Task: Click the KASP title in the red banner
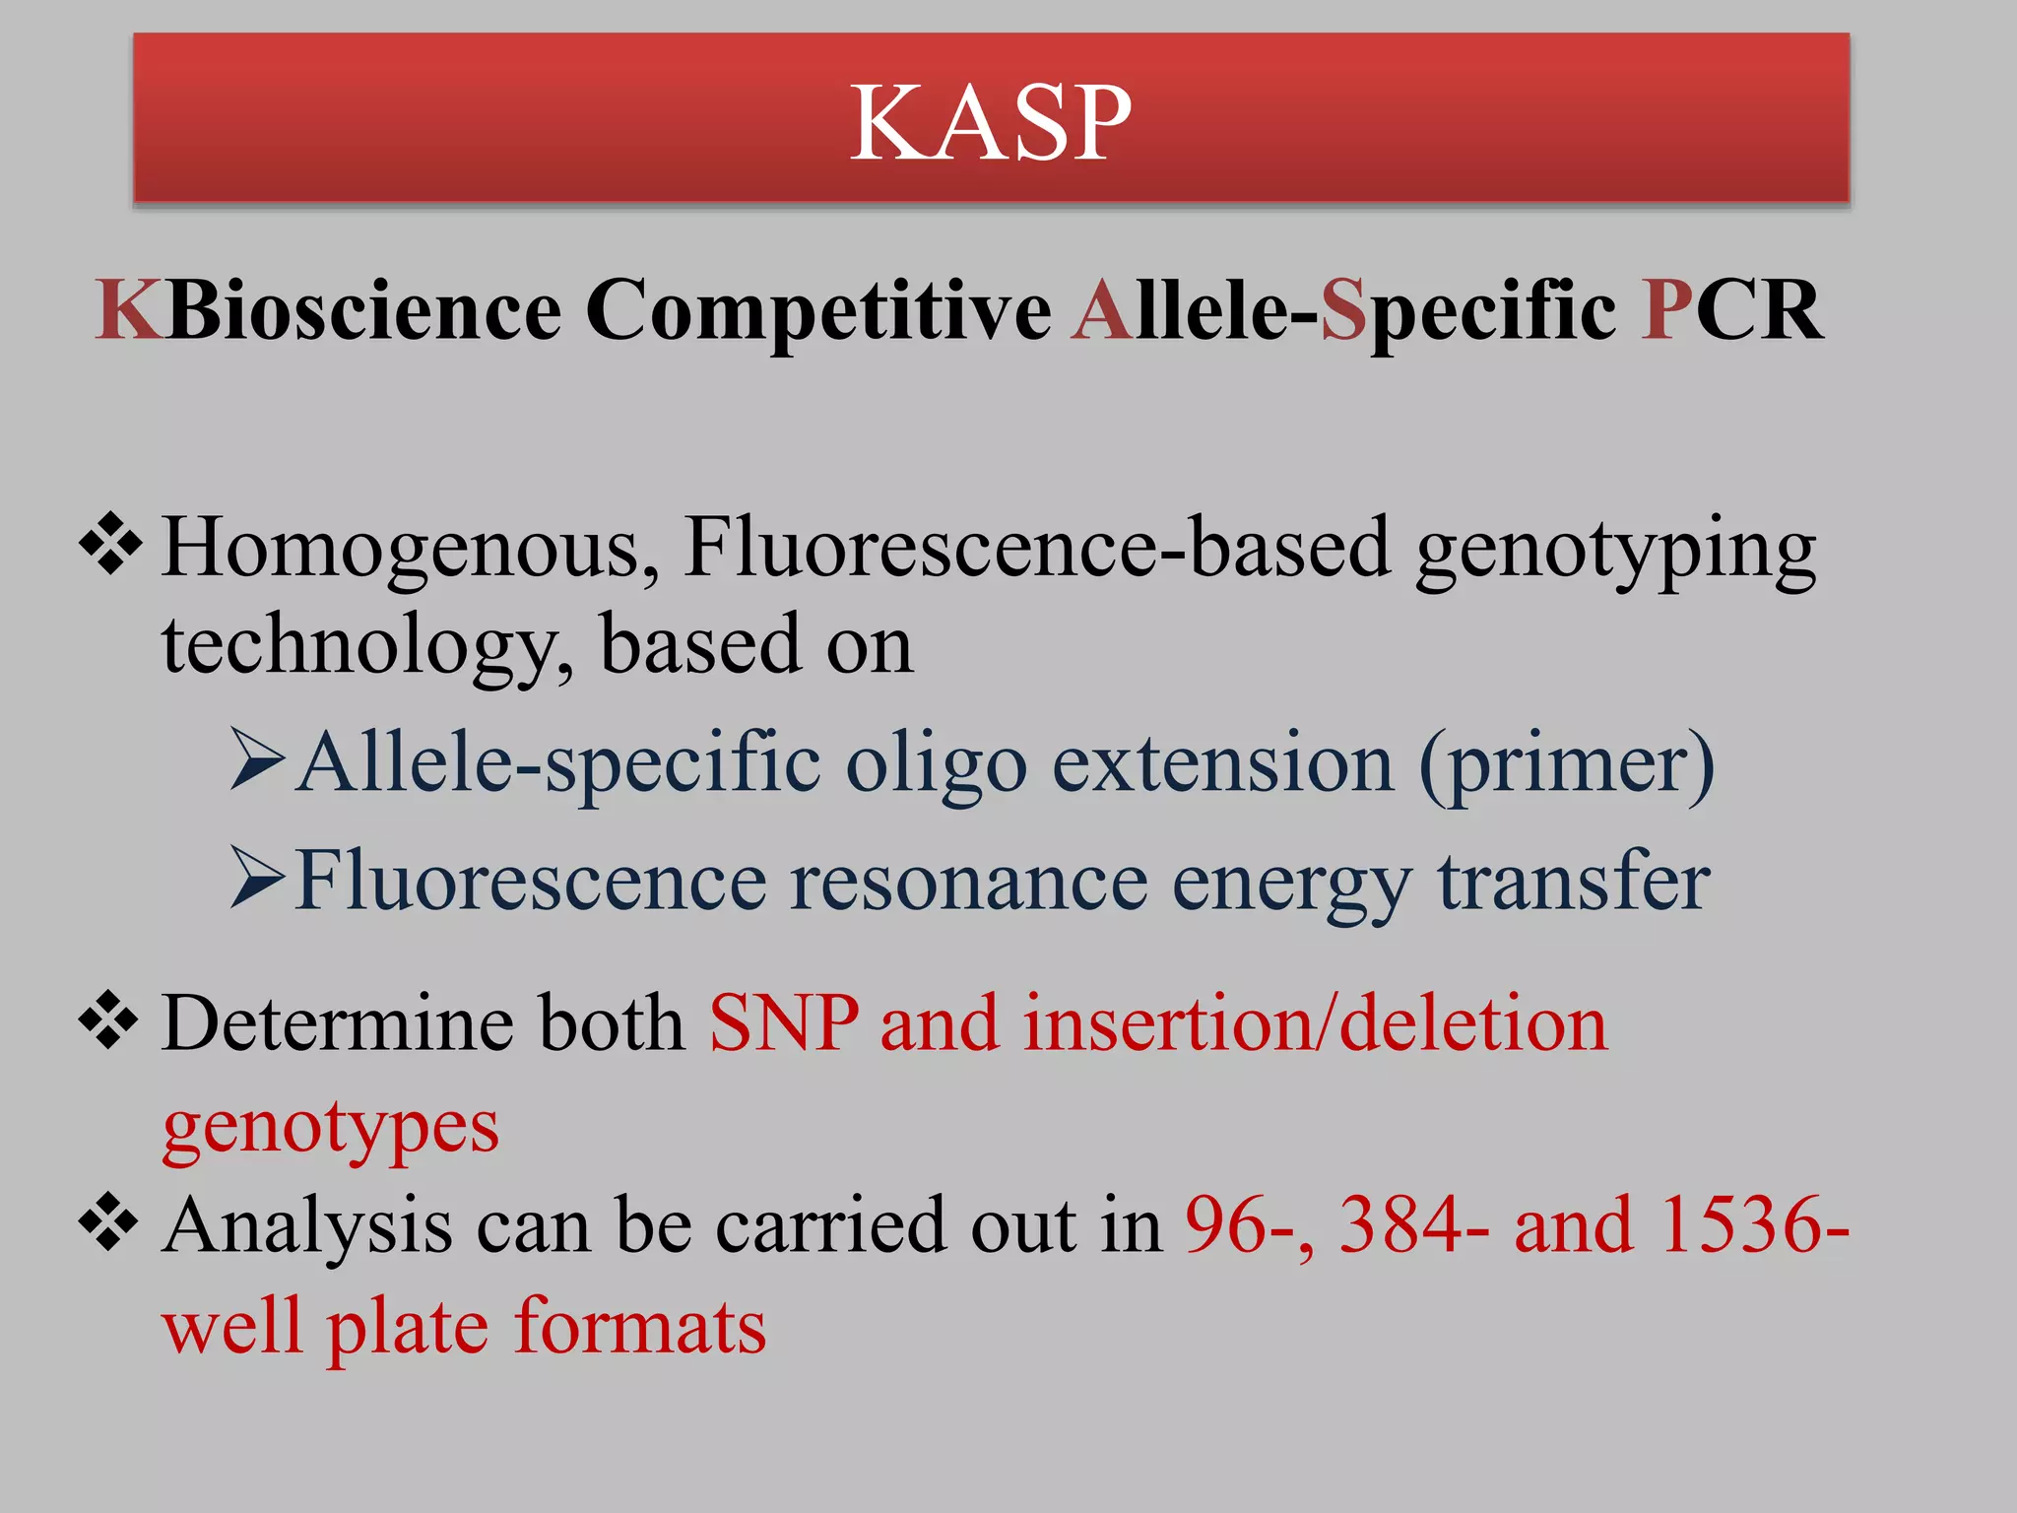point(990,122)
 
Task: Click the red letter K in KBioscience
point(129,310)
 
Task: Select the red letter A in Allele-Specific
point(1103,310)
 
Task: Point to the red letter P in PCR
point(1666,310)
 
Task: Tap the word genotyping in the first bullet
point(1615,552)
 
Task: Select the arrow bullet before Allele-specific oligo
point(258,760)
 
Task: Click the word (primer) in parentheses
point(1566,765)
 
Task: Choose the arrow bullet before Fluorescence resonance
point(258,878)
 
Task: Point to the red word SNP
point(783,1024)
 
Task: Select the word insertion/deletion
point(1316,1024)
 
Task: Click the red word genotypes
point(331,1128)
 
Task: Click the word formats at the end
point(640,1327)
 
